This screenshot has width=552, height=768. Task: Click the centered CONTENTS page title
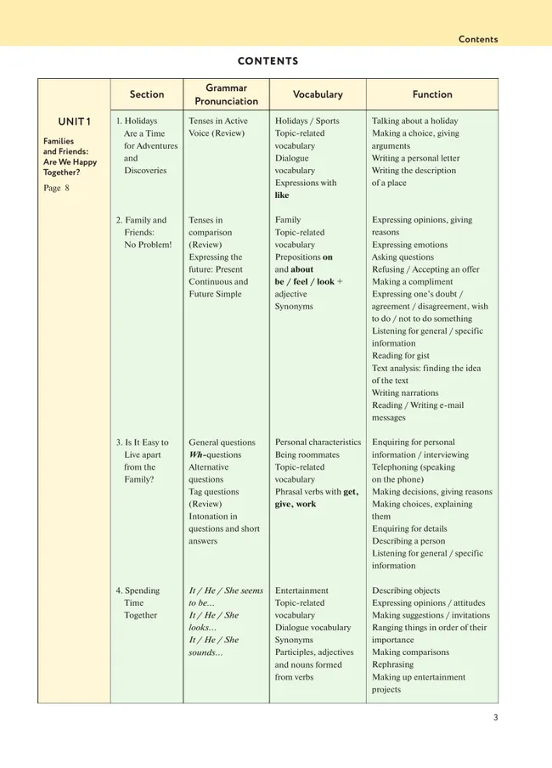click(268, 61)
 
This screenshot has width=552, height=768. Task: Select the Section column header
click(147, 94)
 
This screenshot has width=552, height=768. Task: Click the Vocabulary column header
click(318, 94)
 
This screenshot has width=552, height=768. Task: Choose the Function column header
click(432, 94)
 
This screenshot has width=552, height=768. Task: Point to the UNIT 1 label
click(75, 121)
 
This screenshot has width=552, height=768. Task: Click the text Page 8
click(56, 188)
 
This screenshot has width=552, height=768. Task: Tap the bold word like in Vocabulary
click(282, 195)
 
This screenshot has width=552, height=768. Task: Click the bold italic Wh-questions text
click(215, 455)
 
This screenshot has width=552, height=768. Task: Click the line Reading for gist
click(401, 356)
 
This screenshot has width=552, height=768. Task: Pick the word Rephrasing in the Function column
click(393, 664)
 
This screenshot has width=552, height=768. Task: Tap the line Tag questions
click(214, 492)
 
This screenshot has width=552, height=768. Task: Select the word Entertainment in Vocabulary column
click(301, 590)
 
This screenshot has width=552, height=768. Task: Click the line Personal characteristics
click(318, 442)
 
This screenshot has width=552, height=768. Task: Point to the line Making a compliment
click(414, 282)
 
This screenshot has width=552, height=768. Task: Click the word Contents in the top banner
click(478, 39)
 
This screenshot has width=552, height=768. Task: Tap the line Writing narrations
click(405, 392)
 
